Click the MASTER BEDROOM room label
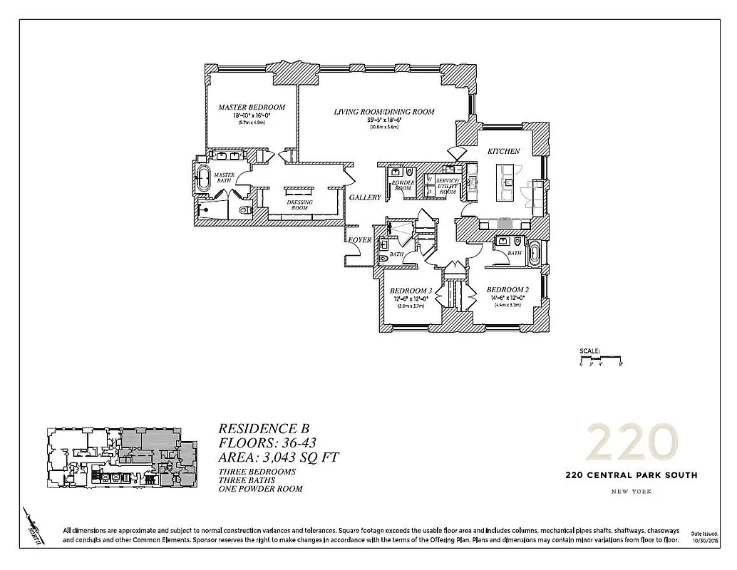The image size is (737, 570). pos(251,108)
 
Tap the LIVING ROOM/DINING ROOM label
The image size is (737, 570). pos(384,112)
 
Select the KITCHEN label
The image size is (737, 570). pos(503,152)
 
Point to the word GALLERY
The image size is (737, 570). pos(364,197)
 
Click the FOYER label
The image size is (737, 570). pos(359,240)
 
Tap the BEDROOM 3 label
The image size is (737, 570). pos(411,291)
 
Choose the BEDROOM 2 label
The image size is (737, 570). pos(507,290)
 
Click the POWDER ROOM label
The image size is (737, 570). pos(403,185)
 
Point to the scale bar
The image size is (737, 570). pos(601,358)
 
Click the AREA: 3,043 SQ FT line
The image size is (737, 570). pos(274,457)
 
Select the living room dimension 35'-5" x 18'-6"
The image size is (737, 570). pos(384,121)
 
